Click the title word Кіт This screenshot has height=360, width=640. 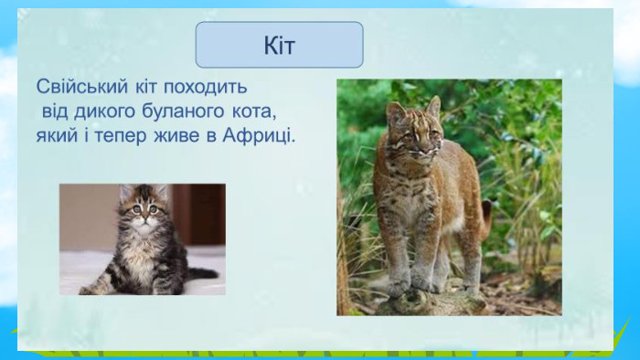279,46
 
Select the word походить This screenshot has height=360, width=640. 206,87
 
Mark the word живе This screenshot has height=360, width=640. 176,136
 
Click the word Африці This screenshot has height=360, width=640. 259,136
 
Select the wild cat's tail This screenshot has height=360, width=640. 485,218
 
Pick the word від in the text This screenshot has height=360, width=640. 54,111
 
